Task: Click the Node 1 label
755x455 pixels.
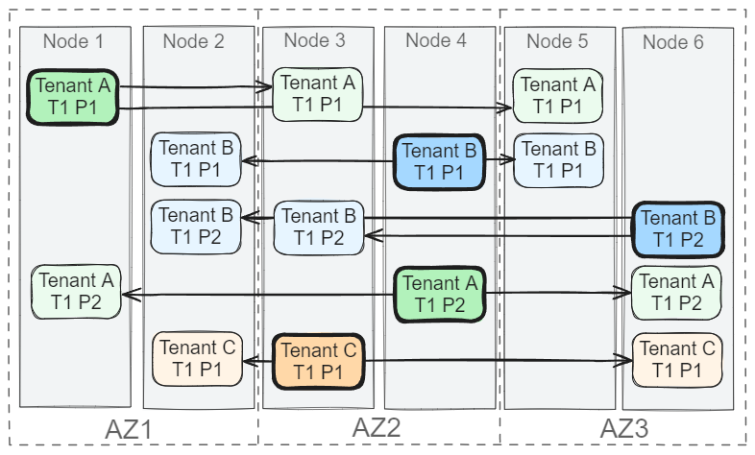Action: point(73,41)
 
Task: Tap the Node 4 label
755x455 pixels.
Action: point(436,40)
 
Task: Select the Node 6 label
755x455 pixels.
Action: point(673,42)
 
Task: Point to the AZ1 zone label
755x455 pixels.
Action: point(129,429)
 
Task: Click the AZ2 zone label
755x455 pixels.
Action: point(377,427)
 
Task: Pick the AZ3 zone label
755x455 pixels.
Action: point(624,428)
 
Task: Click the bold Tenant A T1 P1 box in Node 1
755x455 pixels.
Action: point(73,97)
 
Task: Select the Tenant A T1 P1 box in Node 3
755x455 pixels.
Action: point(317,94)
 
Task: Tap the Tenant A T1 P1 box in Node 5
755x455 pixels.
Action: point(557,96)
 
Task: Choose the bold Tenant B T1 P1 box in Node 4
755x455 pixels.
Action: point(439,162)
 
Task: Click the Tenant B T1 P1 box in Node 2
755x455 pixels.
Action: point(196,159)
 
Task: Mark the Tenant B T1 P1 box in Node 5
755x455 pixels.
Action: point(558,160)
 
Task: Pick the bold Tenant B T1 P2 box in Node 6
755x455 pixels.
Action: point(678,229)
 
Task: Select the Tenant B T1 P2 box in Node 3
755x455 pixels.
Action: point(319,227)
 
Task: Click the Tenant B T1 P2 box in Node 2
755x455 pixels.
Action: point(196,227)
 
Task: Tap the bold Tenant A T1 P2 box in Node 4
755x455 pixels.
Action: point(440,295)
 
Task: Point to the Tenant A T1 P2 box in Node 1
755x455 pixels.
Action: point(76,292)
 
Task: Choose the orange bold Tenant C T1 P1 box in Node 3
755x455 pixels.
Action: point(318,361)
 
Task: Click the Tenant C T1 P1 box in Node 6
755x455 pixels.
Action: point(677,360)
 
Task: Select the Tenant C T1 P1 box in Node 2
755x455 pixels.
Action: point(198,359)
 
